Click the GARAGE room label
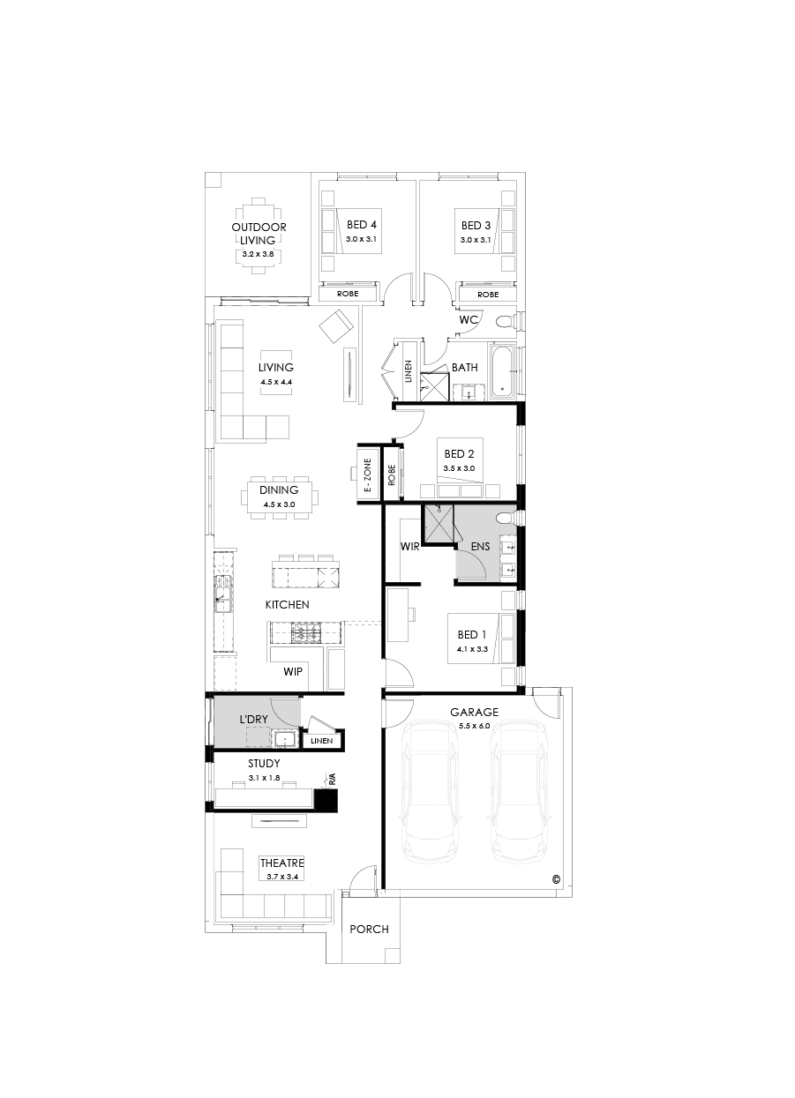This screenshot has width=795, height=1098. pyautogui.click(x=474, y=712)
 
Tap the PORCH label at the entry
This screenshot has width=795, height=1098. pyautogui.click(x=369, y=929)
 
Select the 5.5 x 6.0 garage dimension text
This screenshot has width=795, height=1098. pyautogui.click(x=474, y=725)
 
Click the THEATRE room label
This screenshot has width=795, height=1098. pyautogui.click(x=281, y=863)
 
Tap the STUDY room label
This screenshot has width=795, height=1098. pyautogui.click(x=264, y=764)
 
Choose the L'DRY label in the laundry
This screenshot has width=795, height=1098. pyautogui.click(x=253, y=720)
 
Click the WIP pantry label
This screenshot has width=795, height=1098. pyautogui.click(x=293, y=671)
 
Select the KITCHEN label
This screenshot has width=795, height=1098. pyautogui.click(x=287, y=604)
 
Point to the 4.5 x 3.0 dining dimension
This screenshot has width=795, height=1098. pyautogui.click(x=278, y=504)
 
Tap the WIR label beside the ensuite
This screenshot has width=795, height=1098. pyautogui.click(x=409, y=547)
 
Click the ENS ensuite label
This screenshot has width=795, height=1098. pyautogui.click(x=480, y=547)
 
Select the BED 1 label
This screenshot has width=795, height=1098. pyautogui.click(x=471, y=635)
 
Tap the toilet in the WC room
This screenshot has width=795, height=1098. pyautogui.click(x=504, y=321)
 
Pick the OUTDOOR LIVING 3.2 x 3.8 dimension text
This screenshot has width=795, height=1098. pyautogui.click(x=259, y=254)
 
